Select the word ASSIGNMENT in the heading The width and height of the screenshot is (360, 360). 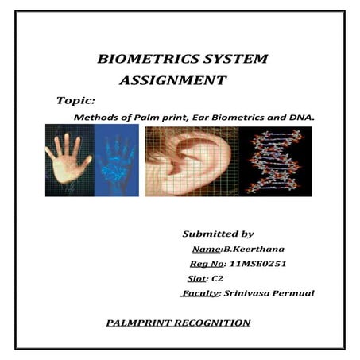tap(172, 80)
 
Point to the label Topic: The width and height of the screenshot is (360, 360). tap(76, 101)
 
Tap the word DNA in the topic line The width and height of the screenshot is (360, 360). tap(301, 117)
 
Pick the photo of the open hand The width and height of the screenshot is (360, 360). tap(69, 161)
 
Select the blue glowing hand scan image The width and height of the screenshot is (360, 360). tap(116, 161)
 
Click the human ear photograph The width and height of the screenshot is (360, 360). tap(191, 161)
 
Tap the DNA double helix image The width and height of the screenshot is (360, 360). tap(274, 161)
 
